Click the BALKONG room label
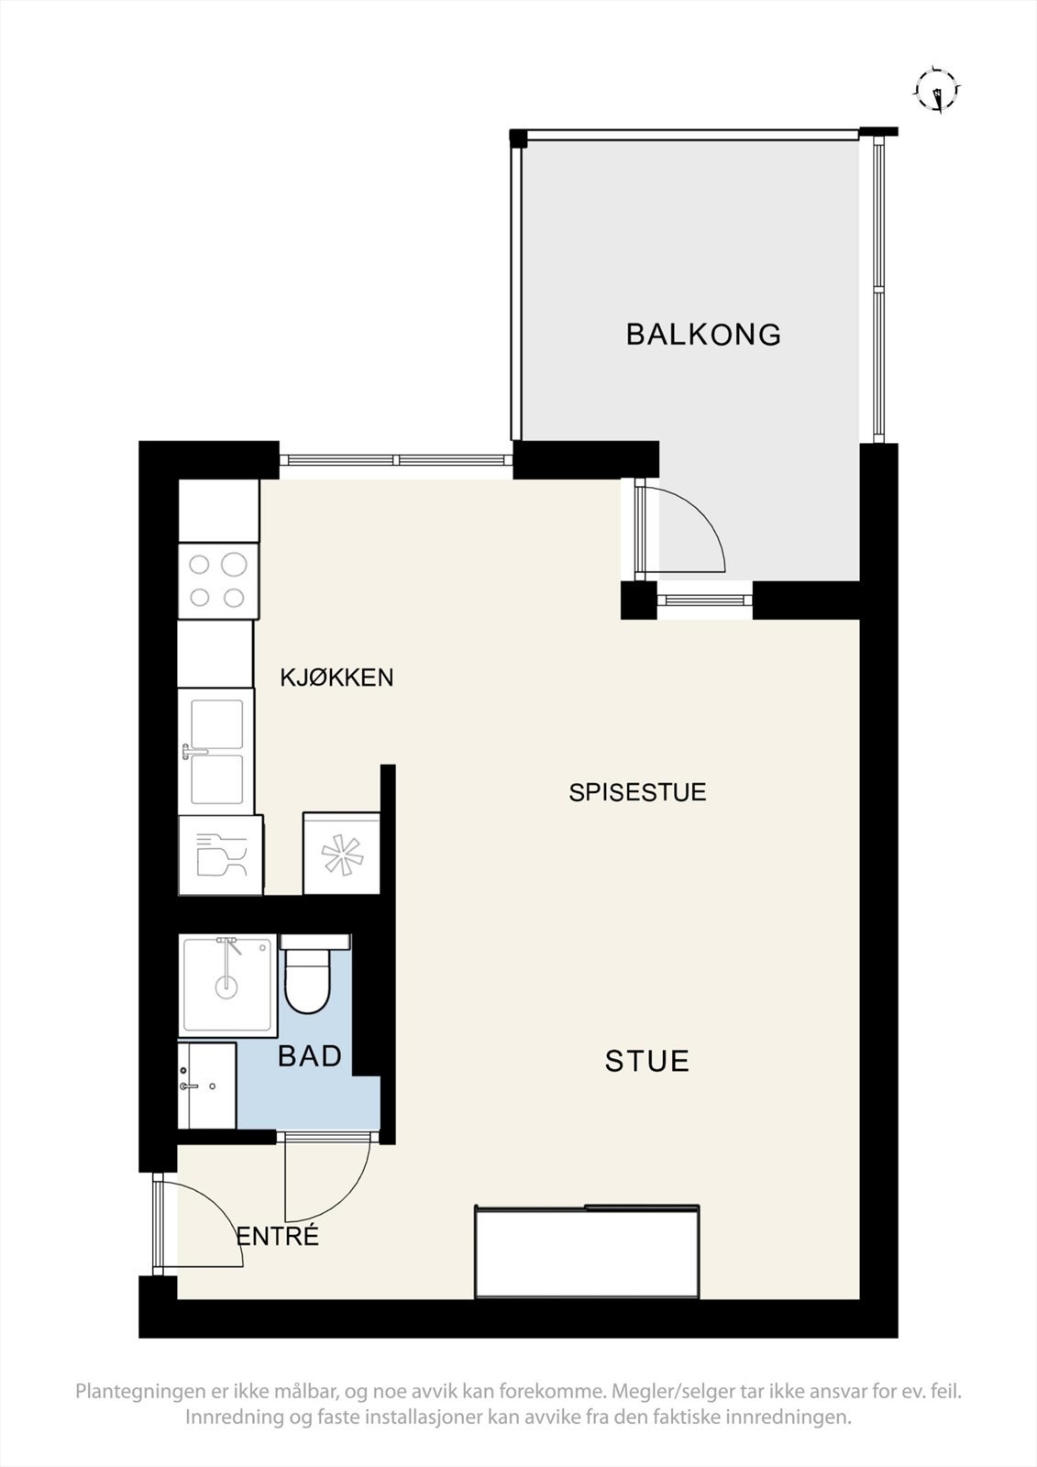pyautogui.click(x=703, y=334)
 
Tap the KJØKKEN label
pyautogui.click(x=336, y=678)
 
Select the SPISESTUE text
pyautogui.click(x=637, y=792)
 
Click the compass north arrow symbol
pyautogui.click(x=937, y=90)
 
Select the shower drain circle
pyautogui.click(x=226, y=987)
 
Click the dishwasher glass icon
pyautogui.click(x=221, y=855)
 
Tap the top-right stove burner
pyautogui.click(x=234, y=564)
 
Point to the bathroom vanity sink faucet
pyautogui.click(x=189, y=1086)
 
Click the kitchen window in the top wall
pyautogui.click(x=396, y=459)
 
